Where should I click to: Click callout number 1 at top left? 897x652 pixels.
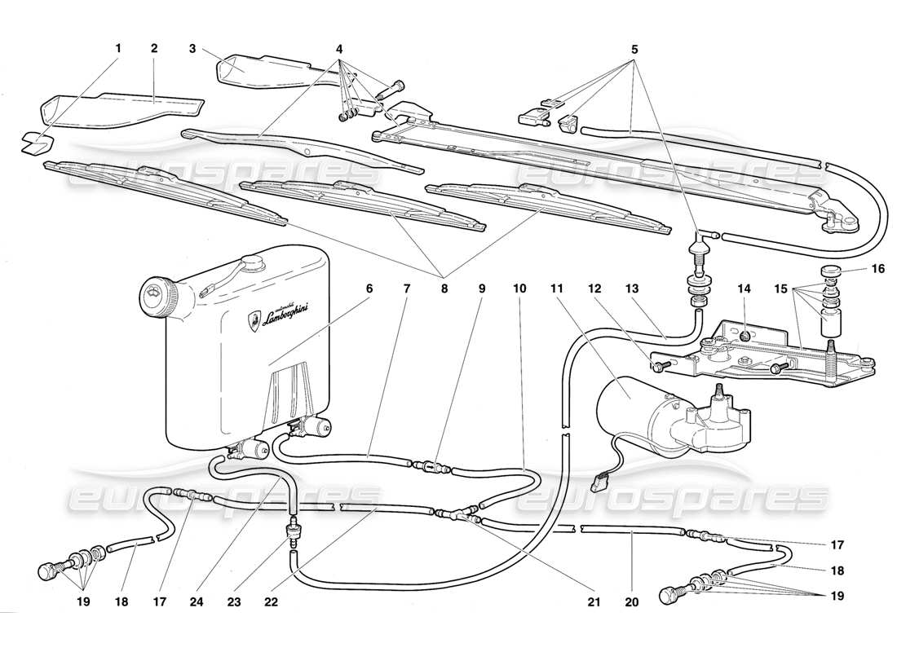[x=117, y=49]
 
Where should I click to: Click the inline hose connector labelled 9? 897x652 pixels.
[x=431, y=469]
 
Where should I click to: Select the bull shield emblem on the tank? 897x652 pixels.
[x=254, y=323]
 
